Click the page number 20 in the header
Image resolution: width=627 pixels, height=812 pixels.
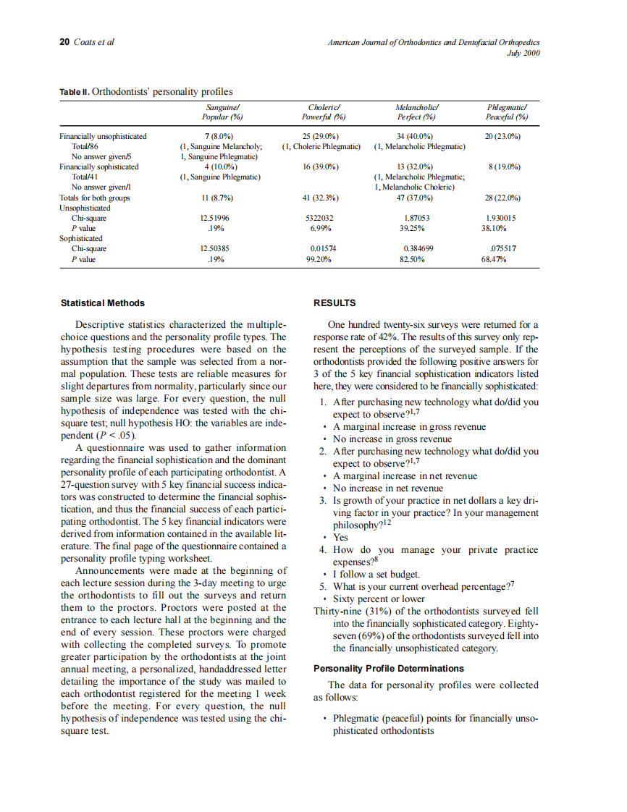(64, 42)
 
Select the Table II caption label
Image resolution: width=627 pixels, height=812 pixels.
(75, 92)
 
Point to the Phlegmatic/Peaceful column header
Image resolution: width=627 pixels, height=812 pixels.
(507, 111)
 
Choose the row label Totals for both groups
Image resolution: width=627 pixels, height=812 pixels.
(94, 197)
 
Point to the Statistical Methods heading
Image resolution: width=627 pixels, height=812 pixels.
(102, 303)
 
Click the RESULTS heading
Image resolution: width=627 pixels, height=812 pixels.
(334, 303)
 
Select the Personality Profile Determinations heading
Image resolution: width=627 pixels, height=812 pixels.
(388, 668)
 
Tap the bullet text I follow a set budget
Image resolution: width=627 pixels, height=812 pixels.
(376, 575)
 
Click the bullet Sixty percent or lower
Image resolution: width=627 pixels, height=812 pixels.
(378, 599)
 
